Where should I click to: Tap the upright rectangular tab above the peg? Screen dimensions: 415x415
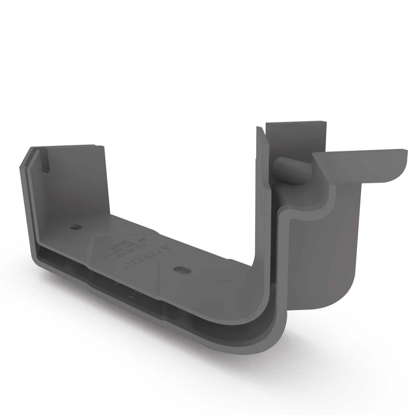click(295, 138)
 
